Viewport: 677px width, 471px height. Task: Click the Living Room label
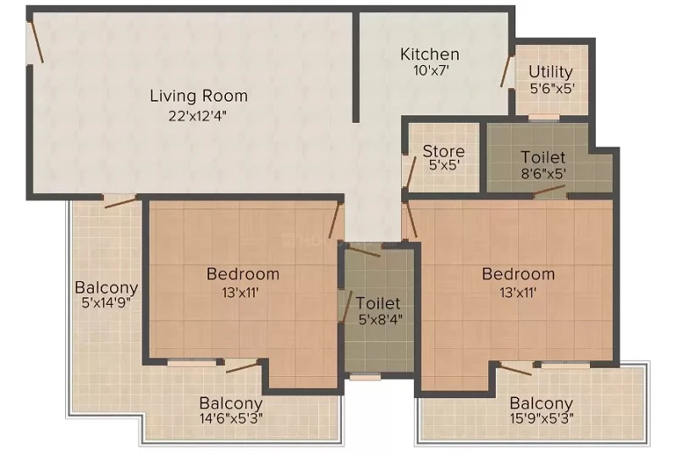199,96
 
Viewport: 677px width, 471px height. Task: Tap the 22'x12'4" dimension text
197,116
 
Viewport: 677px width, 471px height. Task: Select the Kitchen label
430,54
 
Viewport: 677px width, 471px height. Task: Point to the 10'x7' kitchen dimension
432,70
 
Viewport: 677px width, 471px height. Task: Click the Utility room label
551,72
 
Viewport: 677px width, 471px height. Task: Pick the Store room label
443,152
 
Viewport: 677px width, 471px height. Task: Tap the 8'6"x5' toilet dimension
543,174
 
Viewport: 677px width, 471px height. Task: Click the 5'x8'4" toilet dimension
380,319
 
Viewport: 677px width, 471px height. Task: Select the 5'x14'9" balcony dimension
107,302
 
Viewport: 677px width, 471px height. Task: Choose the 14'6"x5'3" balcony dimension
231,418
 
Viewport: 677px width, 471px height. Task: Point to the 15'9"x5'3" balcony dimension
542,418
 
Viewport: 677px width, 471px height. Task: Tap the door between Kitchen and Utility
506,71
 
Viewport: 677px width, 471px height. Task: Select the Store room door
410,172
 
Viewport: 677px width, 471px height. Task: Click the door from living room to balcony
120,201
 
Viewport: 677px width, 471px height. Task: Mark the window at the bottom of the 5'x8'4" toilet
365,377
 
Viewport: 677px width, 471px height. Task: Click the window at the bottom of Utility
543,117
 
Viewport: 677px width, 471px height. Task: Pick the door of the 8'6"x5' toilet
548,191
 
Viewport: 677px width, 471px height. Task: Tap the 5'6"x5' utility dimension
553,88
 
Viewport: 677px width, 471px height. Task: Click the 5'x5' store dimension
443,165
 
